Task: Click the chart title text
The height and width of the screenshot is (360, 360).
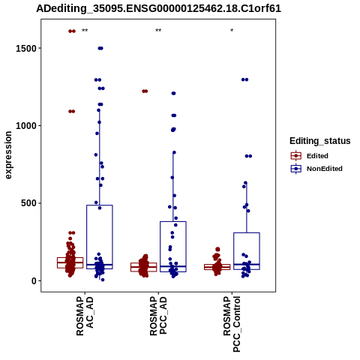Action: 158,8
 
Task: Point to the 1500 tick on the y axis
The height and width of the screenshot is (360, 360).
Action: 26,48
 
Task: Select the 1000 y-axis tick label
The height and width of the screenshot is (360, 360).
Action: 26,125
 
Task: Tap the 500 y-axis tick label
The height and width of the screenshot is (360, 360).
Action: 29,203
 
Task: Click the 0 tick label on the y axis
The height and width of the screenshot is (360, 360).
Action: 34,281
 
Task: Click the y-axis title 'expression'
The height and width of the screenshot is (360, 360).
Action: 8,155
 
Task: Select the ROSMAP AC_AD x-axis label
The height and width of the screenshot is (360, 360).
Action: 85,316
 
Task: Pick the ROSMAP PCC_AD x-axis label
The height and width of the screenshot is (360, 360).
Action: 158,316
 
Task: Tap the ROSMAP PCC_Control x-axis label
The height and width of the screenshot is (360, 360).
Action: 232,324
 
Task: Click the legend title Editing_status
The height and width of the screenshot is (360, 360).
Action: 320,141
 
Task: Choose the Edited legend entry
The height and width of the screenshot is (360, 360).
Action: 310,156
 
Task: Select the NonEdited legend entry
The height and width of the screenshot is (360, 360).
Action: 316,169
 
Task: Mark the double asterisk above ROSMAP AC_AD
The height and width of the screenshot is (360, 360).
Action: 85,31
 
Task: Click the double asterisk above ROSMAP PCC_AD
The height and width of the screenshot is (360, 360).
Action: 158,31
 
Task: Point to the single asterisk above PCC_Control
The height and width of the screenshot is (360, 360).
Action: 232,31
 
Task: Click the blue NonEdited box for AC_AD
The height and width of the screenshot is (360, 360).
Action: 100,205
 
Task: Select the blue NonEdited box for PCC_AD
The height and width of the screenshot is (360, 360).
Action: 173,222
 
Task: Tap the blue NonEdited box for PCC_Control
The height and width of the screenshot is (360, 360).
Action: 247,233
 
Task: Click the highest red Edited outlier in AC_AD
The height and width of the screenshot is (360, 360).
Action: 72,31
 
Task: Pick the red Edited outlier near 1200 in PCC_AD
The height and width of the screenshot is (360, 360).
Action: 145,91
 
